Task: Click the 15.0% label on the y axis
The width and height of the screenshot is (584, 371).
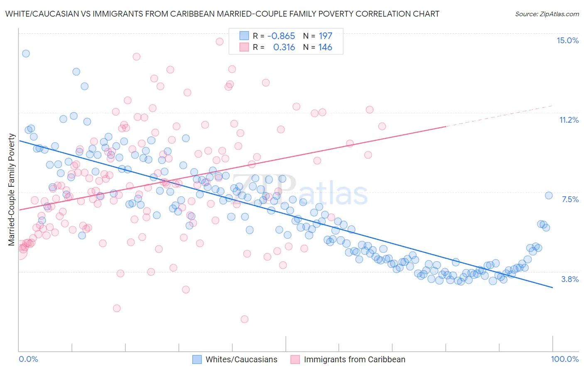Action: [567, 40]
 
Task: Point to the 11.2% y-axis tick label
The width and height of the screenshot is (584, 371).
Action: [569, 120]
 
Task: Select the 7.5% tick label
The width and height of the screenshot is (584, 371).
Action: [570, 199]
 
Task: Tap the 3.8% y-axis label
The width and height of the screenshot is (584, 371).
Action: [570, 279]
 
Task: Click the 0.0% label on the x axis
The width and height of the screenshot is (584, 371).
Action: [28, 359]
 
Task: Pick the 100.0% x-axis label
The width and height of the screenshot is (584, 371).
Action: [564, 359]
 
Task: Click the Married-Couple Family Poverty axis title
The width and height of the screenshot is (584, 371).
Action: [12, 190]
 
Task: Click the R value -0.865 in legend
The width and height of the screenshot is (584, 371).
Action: [281, 36]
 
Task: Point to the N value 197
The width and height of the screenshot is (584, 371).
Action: [325, 36]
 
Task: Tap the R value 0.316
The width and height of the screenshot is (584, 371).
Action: [284, 47]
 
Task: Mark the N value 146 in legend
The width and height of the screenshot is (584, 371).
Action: [325, 47]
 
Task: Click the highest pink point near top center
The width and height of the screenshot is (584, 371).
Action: [220, 41]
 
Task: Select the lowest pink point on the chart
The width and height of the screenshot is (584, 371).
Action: [244, 319]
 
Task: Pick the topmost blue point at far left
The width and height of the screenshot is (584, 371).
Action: [26, 53]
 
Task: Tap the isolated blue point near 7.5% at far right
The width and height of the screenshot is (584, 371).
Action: [548, 195]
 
